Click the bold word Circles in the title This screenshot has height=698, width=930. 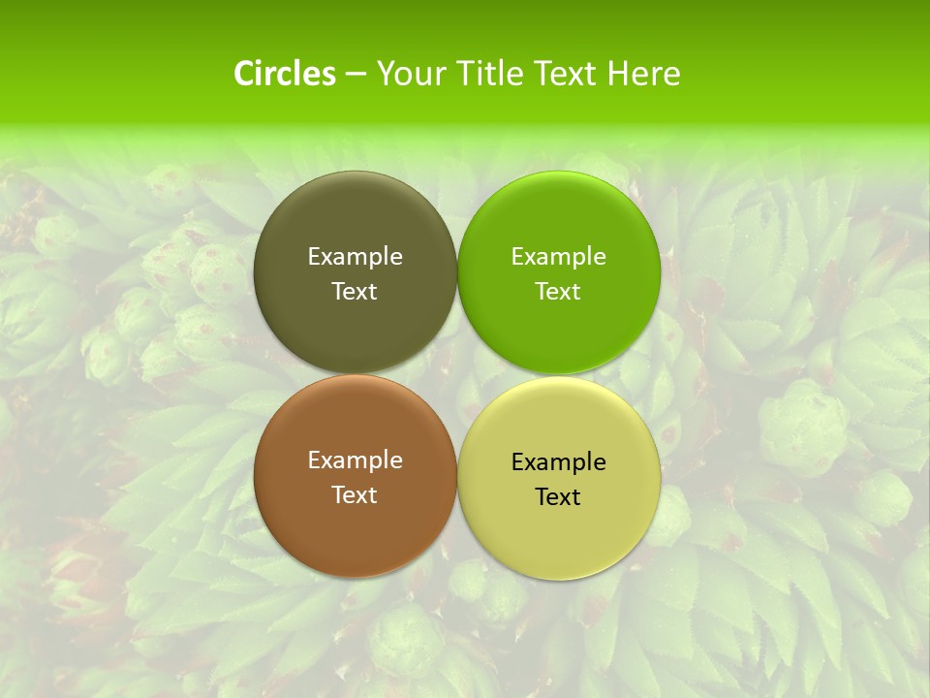point(285,74)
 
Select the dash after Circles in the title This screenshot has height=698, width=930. point(356,75)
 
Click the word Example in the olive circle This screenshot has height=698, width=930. point(355,257)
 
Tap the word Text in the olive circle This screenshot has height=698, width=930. point(355,292)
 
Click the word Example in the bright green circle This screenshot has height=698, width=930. point(558,257)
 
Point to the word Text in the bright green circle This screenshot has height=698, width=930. point(558,292)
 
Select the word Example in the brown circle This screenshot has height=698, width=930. point(355,460)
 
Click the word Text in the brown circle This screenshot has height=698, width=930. point(355,495)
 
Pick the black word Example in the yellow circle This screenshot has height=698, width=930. point(558,462)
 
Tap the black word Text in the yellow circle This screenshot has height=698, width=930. point(558,497)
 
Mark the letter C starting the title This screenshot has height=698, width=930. point(244,74)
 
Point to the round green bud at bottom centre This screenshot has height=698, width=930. point(407,639)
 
